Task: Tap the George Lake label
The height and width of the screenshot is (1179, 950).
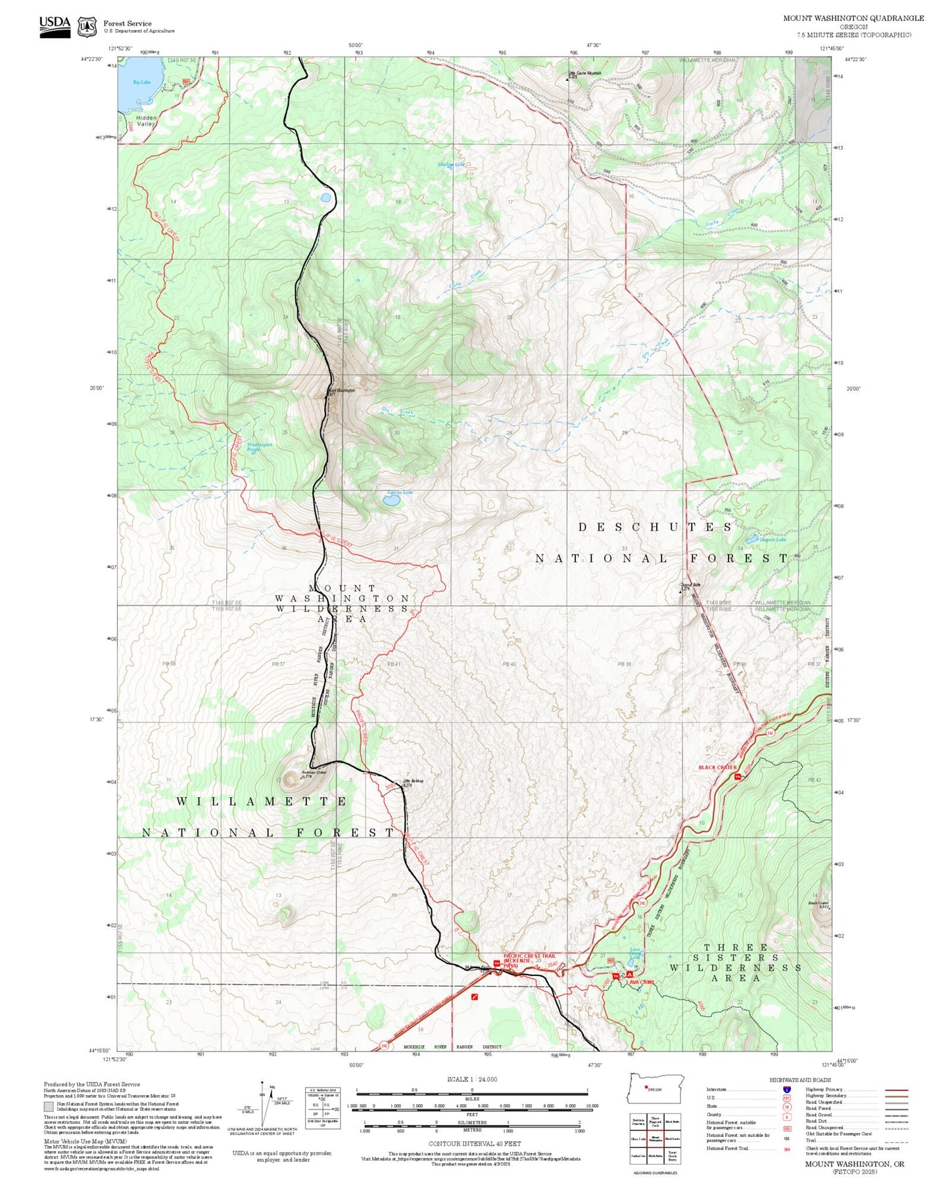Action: [400, 492]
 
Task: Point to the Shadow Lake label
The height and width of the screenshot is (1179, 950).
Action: [450, 164]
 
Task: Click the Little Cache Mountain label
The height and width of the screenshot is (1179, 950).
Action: [584, 73]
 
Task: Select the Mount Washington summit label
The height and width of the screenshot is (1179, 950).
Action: [341, 390]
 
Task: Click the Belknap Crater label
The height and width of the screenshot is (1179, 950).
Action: [314, 773]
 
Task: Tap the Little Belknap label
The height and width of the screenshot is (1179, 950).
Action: [413, 781]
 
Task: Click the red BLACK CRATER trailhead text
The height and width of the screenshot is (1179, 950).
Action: [717, 768]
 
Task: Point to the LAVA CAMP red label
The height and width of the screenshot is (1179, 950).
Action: [641, 982]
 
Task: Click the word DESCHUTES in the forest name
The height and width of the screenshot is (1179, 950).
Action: [655, 528]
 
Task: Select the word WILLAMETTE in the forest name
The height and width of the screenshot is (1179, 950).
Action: [262, 802]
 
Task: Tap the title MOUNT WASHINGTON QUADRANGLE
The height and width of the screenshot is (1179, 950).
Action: [853, 18]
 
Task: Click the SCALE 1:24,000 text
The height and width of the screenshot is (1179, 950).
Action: [471, 1079]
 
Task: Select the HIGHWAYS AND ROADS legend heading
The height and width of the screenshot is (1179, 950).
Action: [800, 1080]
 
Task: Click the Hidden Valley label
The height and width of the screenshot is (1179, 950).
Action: [146, 121]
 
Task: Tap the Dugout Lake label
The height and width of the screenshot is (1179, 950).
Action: [772, 540]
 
